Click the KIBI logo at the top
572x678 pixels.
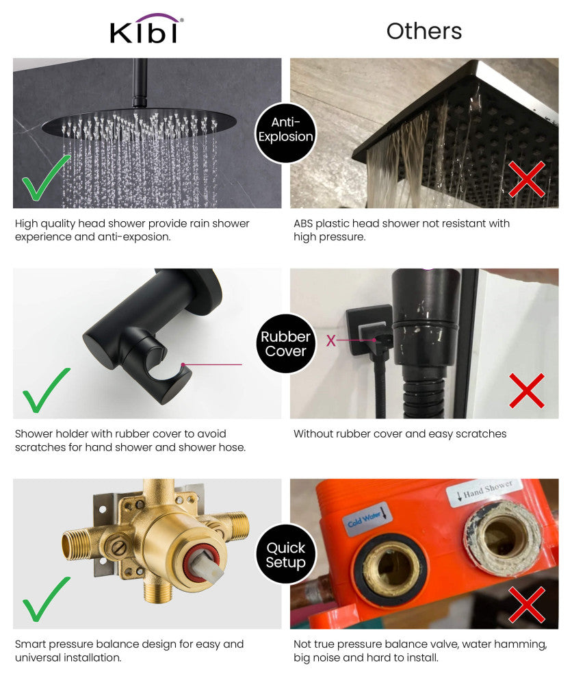click(x=146, y=29)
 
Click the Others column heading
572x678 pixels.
click(x=424, y=31)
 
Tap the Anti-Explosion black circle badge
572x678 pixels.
click(x=285, y=129)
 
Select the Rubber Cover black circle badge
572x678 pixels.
click(x=285, y=344)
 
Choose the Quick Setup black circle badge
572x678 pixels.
click(x=285, y=554)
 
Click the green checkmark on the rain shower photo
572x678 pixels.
click(x=46, y=178)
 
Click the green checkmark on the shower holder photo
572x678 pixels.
click(x=46, y=390)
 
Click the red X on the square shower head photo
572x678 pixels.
click(x=526, y=179)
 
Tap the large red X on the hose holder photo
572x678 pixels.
click(x=526, y=390)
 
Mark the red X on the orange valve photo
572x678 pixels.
click(x=526, y=604)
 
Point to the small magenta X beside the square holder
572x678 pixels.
click(x=331, y=340)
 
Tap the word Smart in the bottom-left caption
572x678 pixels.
click(x=31, y=644)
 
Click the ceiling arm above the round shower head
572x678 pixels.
click(x=140, y=82)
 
